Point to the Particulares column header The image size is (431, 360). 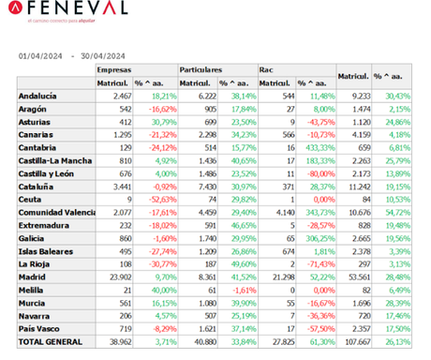pos(201,69)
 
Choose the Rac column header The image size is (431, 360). pos(267,69)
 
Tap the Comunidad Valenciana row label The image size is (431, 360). pos(55,213)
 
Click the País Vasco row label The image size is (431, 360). pos(40,330)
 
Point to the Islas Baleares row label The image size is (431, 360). pos(46,251)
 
